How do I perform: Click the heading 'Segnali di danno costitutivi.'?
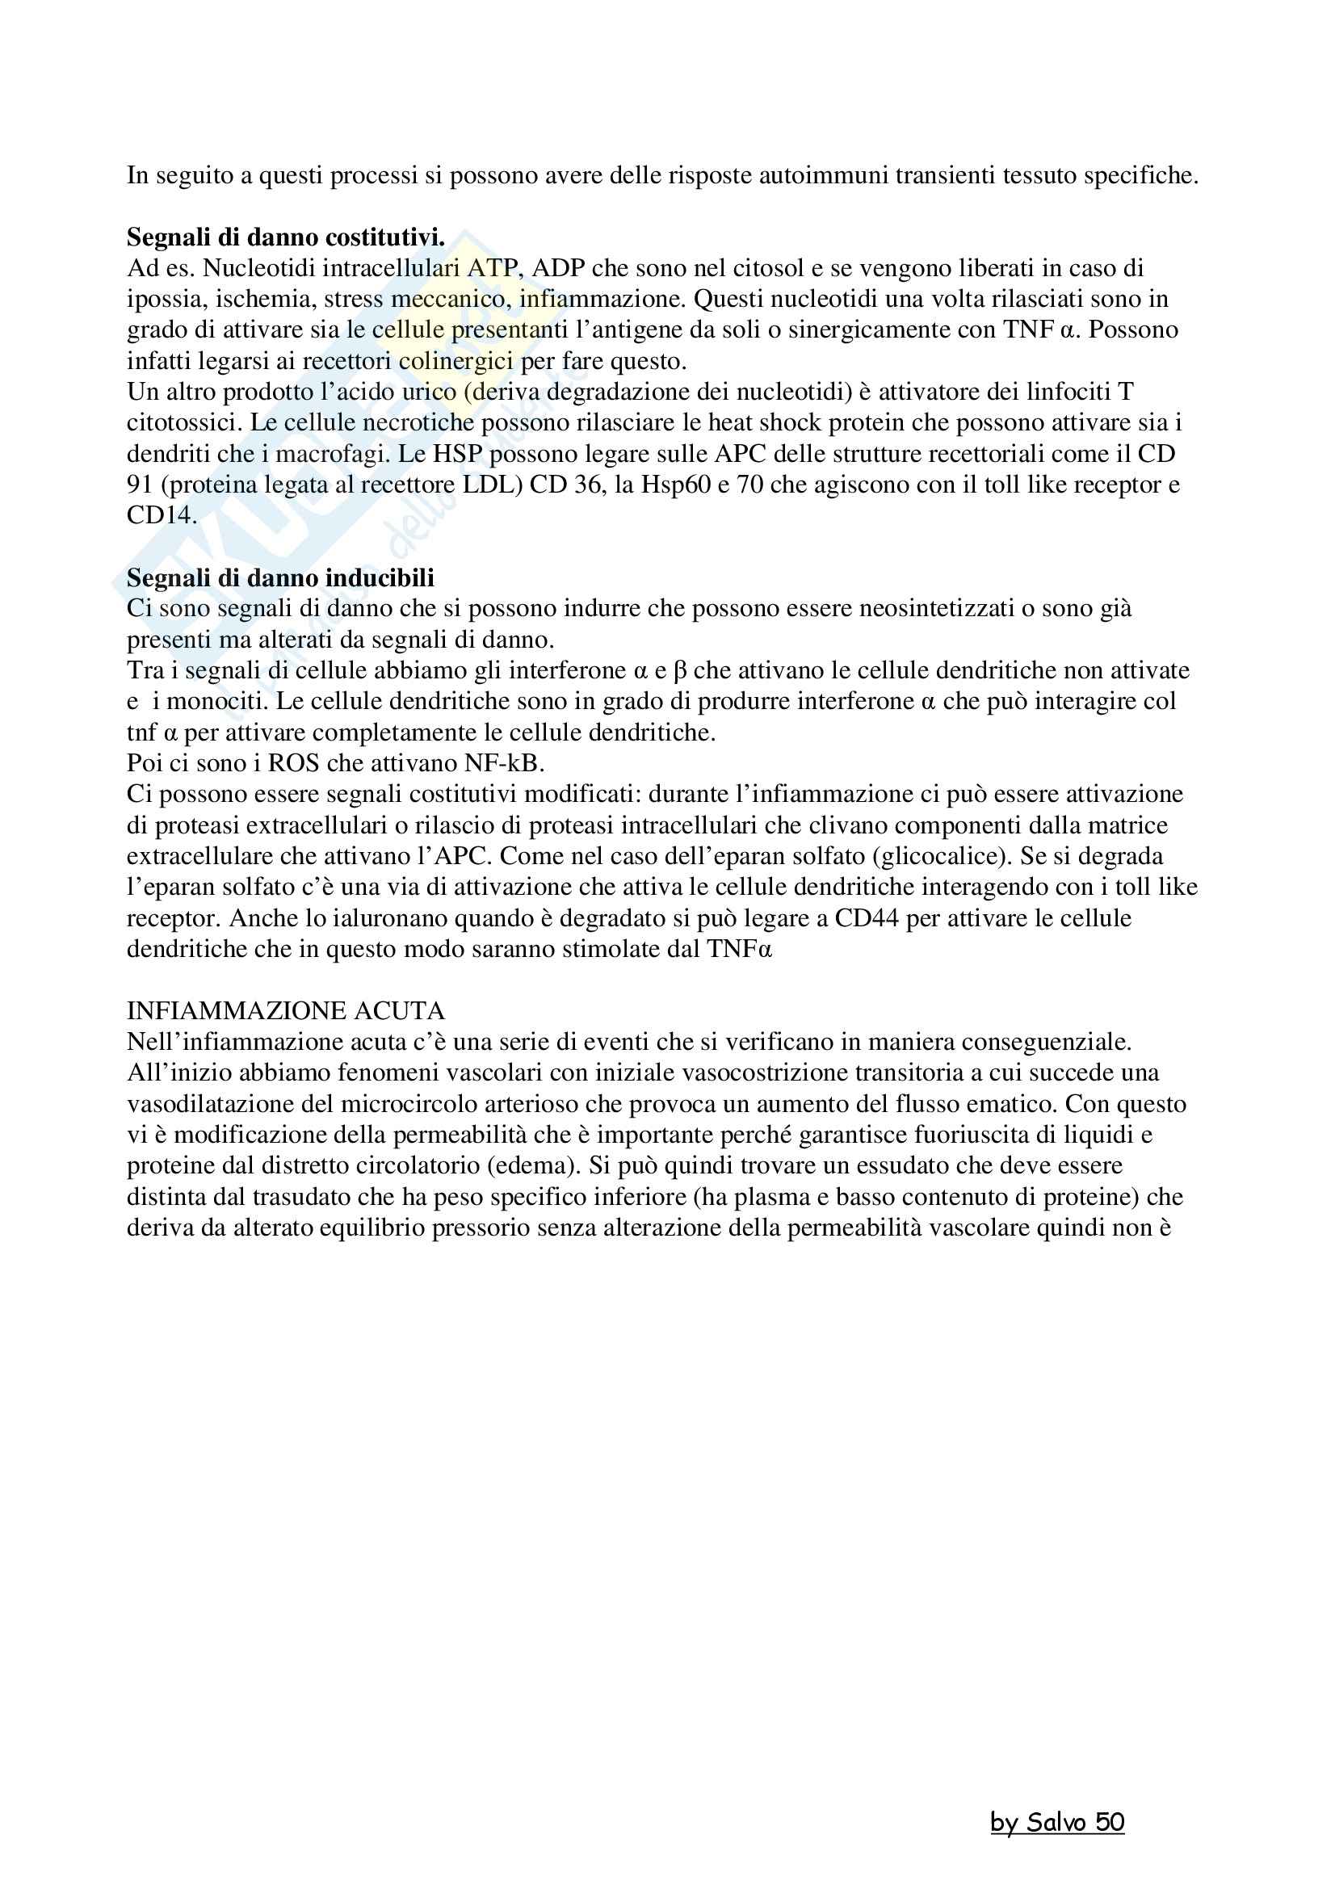[x=285, y=237]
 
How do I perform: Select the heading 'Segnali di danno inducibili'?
[x=280, y=577]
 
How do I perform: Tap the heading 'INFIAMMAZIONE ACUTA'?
[x=285, y=1010]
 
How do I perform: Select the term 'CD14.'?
[x=162, y=516]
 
